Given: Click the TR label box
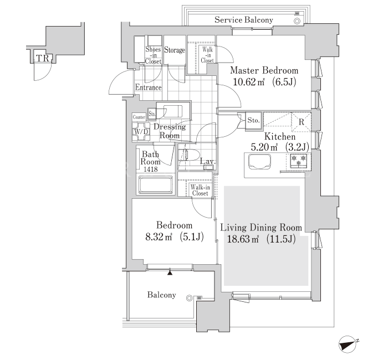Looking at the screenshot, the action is [43, 58].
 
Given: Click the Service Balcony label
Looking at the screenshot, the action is [244, 20].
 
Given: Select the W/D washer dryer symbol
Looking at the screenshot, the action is [141, 132].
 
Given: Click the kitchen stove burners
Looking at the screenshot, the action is [298, 161].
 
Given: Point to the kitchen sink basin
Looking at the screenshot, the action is [259, 162].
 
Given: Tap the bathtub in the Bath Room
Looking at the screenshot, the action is [156, 185].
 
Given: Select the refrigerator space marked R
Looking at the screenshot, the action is [302, 122].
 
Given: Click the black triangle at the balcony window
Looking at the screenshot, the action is [170, 272].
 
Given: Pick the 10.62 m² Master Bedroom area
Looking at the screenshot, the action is [264, 81].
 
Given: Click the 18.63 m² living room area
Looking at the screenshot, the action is [261, 239].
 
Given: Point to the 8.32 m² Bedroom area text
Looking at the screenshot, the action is [175, 237].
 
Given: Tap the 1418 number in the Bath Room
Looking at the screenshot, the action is [151, 169].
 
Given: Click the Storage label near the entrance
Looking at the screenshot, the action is [175, 50].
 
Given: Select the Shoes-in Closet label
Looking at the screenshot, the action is [153, 55].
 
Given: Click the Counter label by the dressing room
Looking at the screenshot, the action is [139, 117].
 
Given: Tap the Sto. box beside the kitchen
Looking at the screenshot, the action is [253, 121].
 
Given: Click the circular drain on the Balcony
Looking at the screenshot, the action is [190, 298].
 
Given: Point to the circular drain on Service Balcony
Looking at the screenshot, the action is [297, 21].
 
